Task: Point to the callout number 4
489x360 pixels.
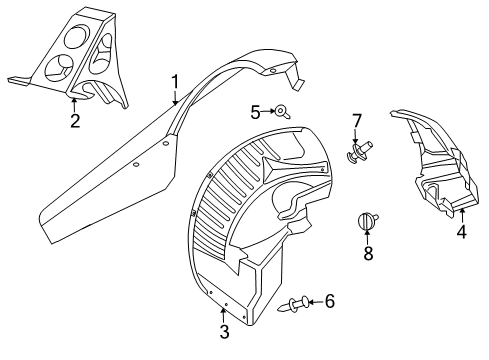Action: tap(461, 232)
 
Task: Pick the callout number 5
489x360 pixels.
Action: tap(255, 111)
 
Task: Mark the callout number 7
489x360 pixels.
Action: tap(355, 123)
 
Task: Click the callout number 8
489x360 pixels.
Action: tap(367, 254)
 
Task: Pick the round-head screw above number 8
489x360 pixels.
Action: tap(367, 221)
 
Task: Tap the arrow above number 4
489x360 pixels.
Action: tap(461, 213)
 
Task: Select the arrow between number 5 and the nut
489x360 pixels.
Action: tap(268, 111)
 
